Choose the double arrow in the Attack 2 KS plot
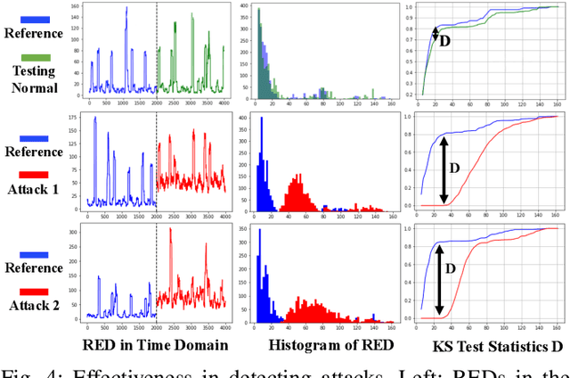tap(438, 282)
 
